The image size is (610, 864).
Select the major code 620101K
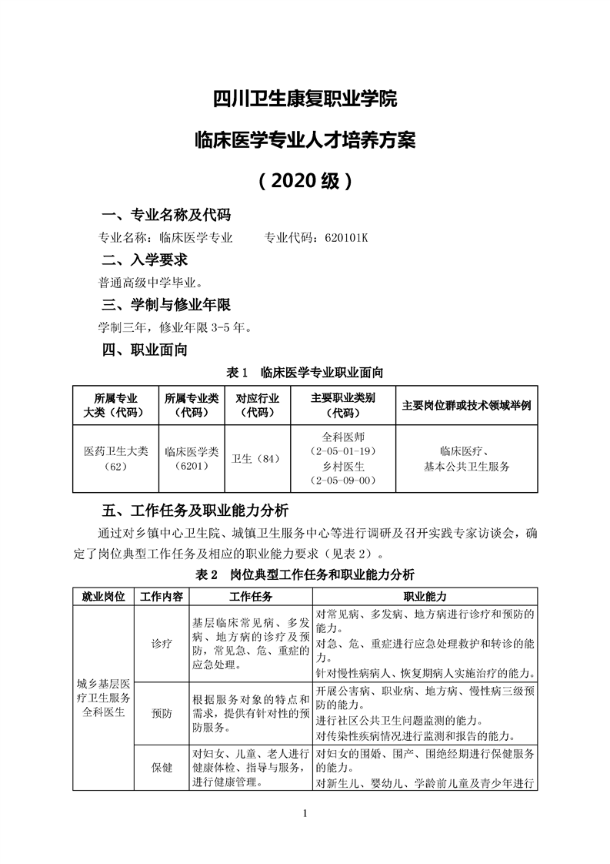click(342, 238)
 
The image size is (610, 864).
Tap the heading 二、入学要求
click(145, 260)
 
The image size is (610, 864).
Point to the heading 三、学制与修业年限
click(167, 304)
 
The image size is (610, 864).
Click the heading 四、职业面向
click(145, 350)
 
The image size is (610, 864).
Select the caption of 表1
click(305, 373)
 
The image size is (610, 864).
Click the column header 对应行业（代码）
click(256, 405)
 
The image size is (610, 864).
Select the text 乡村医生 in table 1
click(343, 466)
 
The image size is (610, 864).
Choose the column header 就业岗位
click(103, 597)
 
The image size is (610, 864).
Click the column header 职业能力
click(425, 597)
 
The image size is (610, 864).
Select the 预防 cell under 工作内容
click(162, 712)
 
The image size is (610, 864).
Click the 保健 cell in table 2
click(162, 768)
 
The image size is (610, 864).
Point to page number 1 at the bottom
click(305, 814)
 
